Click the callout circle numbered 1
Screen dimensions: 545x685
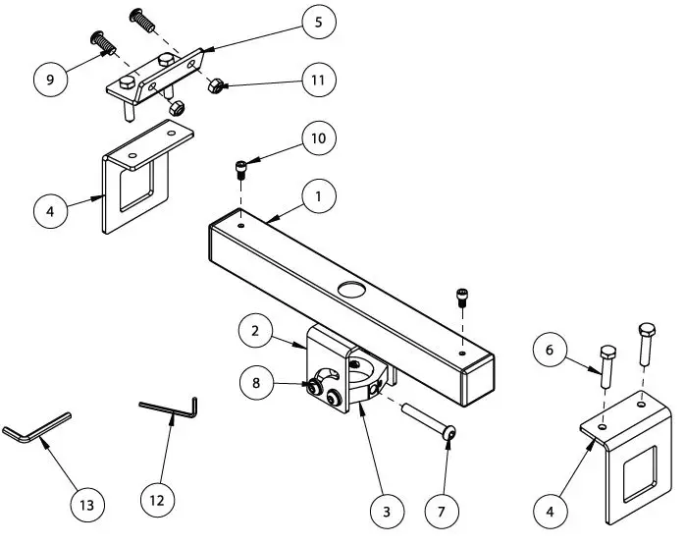(318, 196)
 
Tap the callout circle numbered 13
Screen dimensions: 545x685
(86, 505)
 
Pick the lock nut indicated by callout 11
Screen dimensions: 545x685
(213, 86)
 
